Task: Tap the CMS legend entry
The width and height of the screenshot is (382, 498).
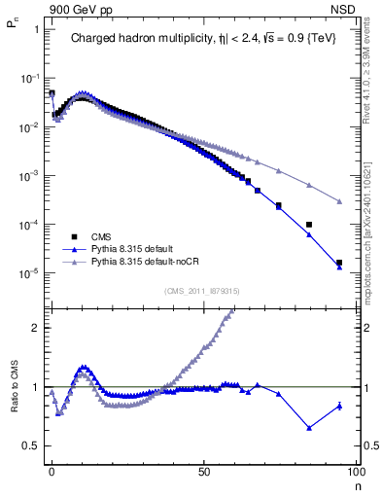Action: point(102,236)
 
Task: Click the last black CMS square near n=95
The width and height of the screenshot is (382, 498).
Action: point(339,263)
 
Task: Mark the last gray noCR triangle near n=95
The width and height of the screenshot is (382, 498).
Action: point(339,201)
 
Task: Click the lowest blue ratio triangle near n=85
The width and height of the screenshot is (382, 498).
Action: point(309,428)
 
